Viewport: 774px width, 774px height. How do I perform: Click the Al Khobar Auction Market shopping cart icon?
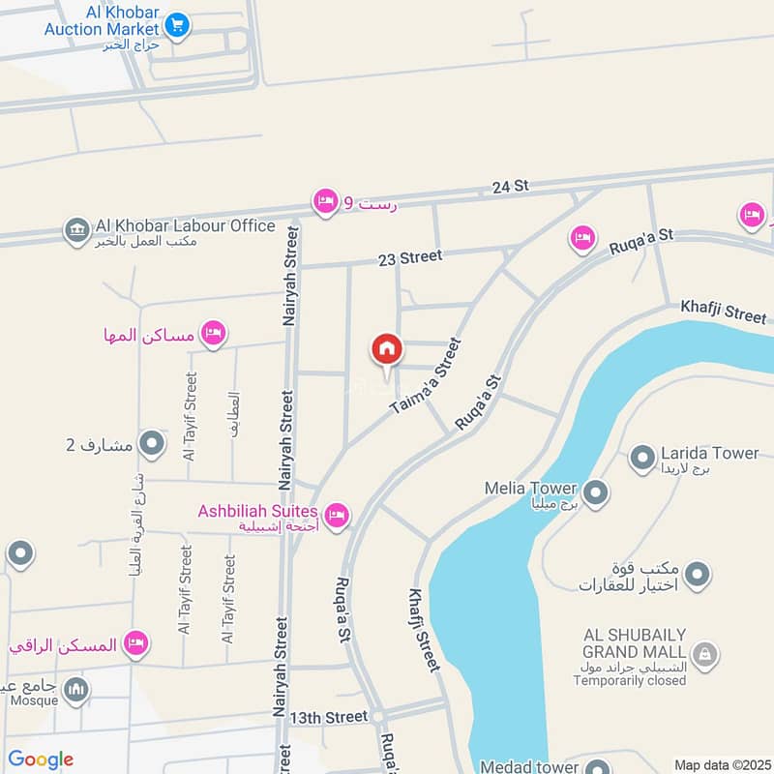point(175,25)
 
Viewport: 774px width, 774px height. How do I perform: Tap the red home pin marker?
point(387,349)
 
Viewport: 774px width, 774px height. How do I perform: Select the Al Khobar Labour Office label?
point(185,225)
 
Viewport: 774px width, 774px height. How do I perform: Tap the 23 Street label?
point(409,256)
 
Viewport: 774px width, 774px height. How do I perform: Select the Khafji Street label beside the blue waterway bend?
point(723,312)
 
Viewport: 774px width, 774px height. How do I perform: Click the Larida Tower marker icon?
point(641,459)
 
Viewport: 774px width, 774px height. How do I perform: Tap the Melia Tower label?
point(530,489)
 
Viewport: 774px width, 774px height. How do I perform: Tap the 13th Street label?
point(329,717)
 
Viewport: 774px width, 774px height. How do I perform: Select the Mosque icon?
point(76,690)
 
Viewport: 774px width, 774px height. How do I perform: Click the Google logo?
point(41,759)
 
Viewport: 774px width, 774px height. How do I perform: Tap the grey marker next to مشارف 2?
point(152,444)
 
